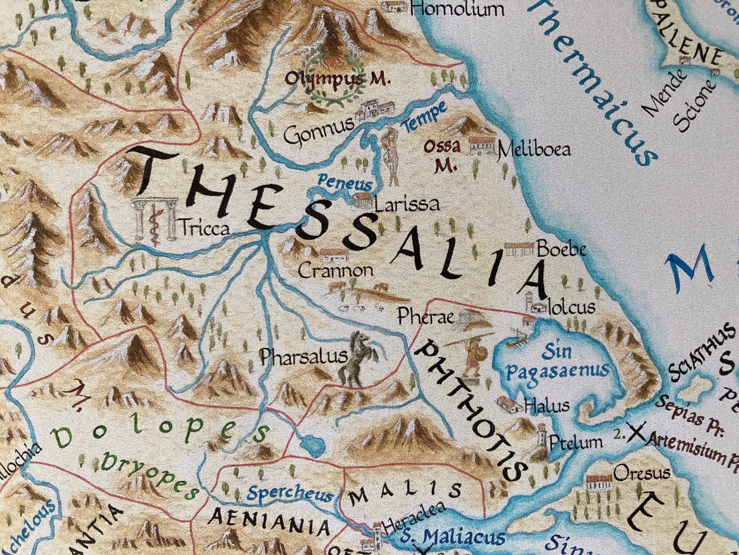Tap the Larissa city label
pos(406,205)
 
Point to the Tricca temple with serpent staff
pos(155,219)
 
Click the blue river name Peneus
pos(344,183)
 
